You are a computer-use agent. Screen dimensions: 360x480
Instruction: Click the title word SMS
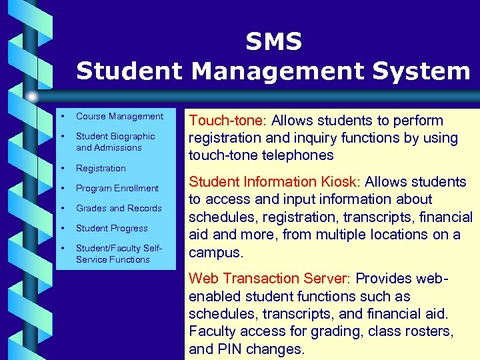tap(273, 42)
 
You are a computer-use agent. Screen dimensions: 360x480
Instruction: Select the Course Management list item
tap(119, 117)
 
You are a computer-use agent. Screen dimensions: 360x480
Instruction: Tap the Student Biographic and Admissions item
tap(115, 142)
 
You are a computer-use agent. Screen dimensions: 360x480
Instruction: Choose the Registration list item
tap(101, 169)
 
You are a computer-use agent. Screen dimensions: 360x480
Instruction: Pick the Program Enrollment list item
tap(117, 189)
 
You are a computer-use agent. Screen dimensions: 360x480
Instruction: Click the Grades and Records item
tap(119, 209)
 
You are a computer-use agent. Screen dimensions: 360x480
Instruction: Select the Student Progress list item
tap(111, 229)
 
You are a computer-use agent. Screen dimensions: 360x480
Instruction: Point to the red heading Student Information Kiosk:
tap(275, 182)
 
